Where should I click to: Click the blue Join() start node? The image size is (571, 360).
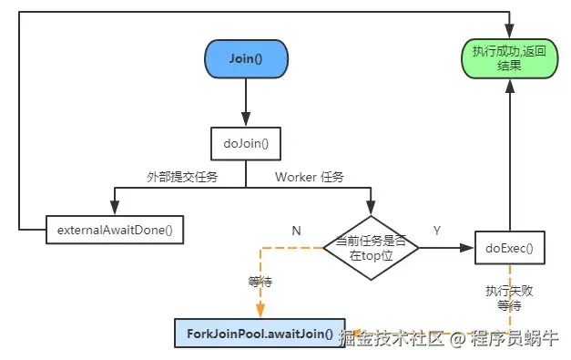pyautogui.click(x=245, y=60)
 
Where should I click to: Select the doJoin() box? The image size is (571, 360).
pyautogui.click(x=245, y=142)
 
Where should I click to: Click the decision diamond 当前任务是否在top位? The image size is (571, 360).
pyautogui.click(x=371, y=247)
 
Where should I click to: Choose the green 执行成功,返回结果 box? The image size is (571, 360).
pyautogui.click(x=509, y=60)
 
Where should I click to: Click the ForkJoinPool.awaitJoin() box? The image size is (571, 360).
pyautogui.click(x=260, y=334)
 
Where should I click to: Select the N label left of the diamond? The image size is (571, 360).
pyautogui.click(x=296, y=231)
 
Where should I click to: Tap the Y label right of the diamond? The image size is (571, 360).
pyautogui.click(x=437, y=231)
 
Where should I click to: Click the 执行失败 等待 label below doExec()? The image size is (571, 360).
pyautogui.click(x=508, y=298)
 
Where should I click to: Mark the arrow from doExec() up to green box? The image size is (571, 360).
pyautogui.click(x=509, y=155)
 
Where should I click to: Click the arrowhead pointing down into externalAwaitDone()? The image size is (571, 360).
pyautogui.click(x=115, y=209)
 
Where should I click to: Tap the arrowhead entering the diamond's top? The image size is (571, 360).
pyautogui.click(x=371, y=209)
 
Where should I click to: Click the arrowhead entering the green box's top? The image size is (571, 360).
pyautogui.click(x=509, y=32)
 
